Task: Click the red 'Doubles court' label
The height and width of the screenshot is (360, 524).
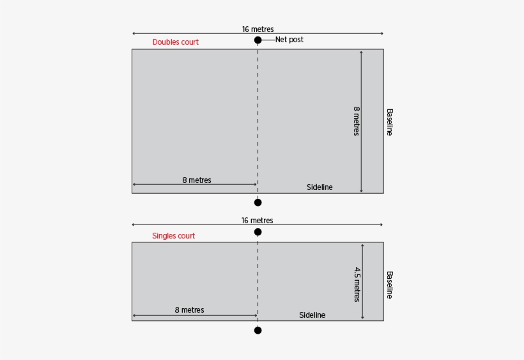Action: pyautogui.click(x=175, y=42)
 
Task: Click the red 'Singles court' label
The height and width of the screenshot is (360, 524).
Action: pyautogui.click(x=173, y=236)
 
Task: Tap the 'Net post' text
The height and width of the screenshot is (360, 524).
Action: pyautogui.click(x=289, y=40)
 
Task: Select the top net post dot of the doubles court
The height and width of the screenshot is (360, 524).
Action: pyautogui.click(x=258, y=40)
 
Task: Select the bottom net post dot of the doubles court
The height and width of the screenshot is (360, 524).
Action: pyautogui.click(x=258, y=203)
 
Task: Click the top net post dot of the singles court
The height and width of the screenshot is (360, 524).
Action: pyautogui.click(x=258, y=231)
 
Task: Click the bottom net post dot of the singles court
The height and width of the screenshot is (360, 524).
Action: pyautogui.click(x=258, y=330)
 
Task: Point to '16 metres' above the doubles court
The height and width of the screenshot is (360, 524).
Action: pyautogui.click(x=258, y=29)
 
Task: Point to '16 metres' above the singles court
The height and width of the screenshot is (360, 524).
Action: pyautogui.click(x=258, y=221)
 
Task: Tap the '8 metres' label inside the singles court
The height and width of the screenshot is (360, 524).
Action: pyautogui.click(x=189, y=310)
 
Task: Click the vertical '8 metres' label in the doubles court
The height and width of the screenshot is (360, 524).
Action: pyautogui.click(x=356, y=121)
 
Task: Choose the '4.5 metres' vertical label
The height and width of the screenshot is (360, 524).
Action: pyautogui.click(x=357, y=284)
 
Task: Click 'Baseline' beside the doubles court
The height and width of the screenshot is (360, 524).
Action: pyautogui.click(x=389, y=121)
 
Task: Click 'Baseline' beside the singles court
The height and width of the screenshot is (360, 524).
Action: pyautogui.click(x=389, y=285)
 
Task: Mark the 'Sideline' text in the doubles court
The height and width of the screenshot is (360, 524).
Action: pyautogui.click(x=320, y=187)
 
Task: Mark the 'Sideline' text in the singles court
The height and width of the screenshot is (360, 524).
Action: pyautogui.click(x=312, y=315)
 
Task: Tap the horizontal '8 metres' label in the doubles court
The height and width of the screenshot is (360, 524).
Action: pyautogui.click(x=196, y=180)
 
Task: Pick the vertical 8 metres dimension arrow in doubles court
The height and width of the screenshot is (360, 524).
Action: pyautogui.click(x=361, y=153)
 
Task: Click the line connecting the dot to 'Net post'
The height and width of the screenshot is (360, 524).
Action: pyautogui.click(x=268, y=40)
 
